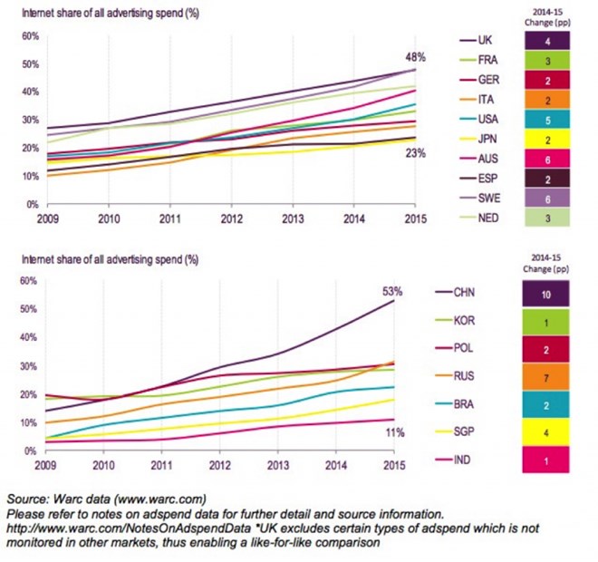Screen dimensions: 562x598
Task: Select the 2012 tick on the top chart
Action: coord(232,218)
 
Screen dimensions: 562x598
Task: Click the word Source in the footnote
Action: coord(28,499)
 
